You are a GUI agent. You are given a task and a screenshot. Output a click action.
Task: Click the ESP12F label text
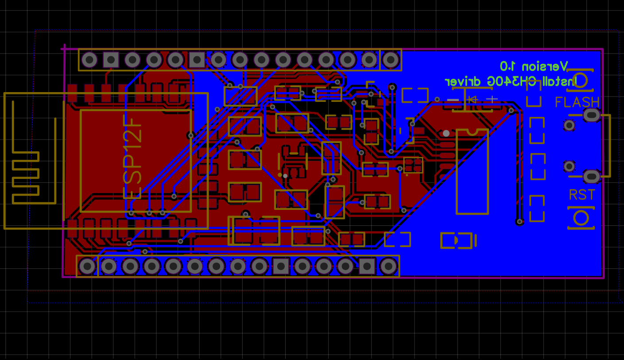point(133,156)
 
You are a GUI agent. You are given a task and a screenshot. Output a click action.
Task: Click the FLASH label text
point(577,102)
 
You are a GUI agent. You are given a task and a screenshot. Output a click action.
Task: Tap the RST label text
point(582,195)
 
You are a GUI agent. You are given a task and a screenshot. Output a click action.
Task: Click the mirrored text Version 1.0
point(534,66)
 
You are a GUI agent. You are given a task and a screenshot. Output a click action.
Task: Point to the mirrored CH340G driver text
point(509,81)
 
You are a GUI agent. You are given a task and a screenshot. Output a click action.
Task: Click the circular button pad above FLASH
point(580,81)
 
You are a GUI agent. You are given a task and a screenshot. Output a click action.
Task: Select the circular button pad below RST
point(581,218)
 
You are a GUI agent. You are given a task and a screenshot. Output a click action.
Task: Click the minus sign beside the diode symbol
point(453,100)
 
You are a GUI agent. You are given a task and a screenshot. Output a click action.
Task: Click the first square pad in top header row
point(111,59)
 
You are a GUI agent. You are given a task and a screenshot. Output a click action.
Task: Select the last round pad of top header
point(391,59)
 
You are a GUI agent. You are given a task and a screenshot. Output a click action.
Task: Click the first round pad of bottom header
point(87,266)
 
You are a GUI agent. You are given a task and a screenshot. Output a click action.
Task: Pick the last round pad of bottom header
point(388,266)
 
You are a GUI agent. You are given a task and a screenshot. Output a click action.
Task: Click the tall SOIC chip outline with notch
point(473,172)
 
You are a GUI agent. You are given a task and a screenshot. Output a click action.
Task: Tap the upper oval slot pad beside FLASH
point(591,115)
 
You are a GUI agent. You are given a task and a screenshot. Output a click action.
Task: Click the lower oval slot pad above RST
point(591,176)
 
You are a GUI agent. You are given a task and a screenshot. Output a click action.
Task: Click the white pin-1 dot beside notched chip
point(446,133)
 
